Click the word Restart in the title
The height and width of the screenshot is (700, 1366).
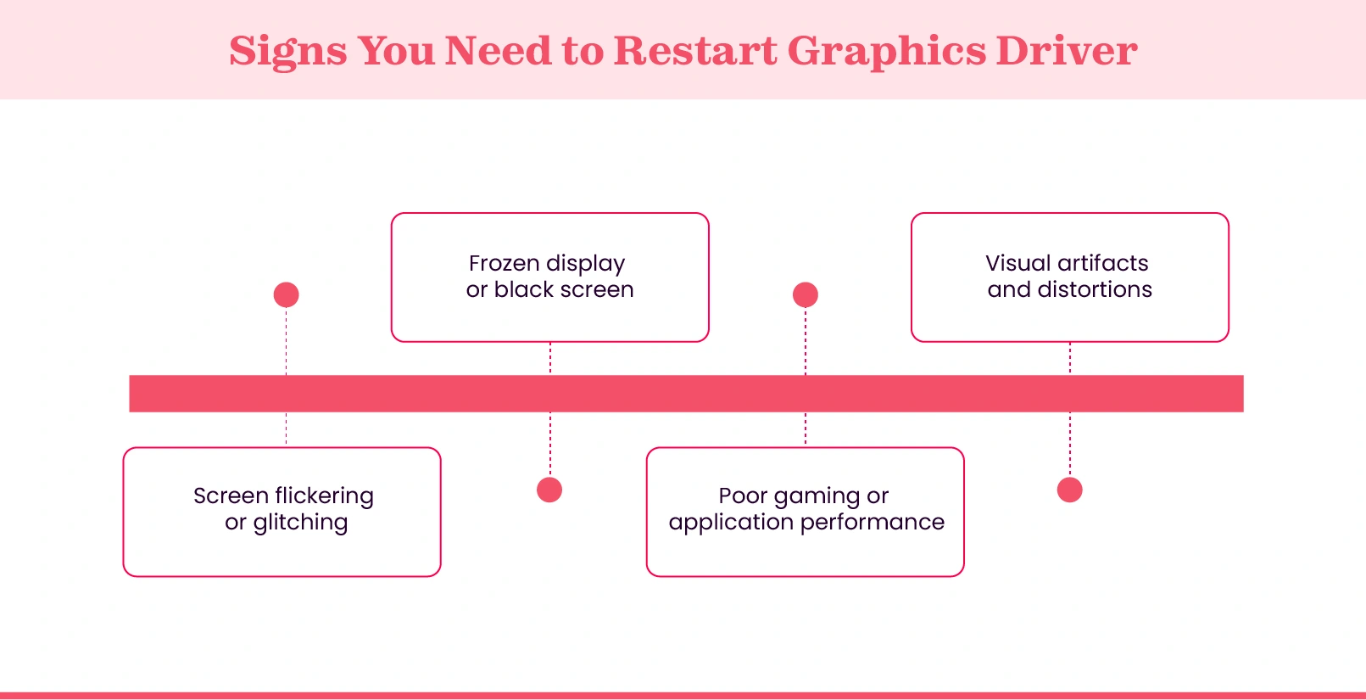(x=694, y=51)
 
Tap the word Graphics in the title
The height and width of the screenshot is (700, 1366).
(x=887, y=53)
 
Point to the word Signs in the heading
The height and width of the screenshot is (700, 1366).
(x=287, y=53)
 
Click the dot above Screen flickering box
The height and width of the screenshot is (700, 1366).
(x=287, y=294)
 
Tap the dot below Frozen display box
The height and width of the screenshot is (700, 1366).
(x=549, y=490)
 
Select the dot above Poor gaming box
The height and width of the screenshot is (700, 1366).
(x=806, y=294)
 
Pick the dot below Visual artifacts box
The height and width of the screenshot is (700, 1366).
(x=1070, y=490)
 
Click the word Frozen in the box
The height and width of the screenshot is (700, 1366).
(x=504, y=263)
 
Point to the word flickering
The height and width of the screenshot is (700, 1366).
(x=324, y=496)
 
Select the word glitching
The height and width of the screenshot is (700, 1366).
(x=300, y=523)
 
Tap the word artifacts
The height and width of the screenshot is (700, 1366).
(x=1102, y=263)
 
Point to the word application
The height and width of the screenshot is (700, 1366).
(x=730, y=523)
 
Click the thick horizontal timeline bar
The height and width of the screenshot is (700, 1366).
(x=686, y=394)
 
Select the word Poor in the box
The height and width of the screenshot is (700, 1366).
(x=743, y=496)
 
